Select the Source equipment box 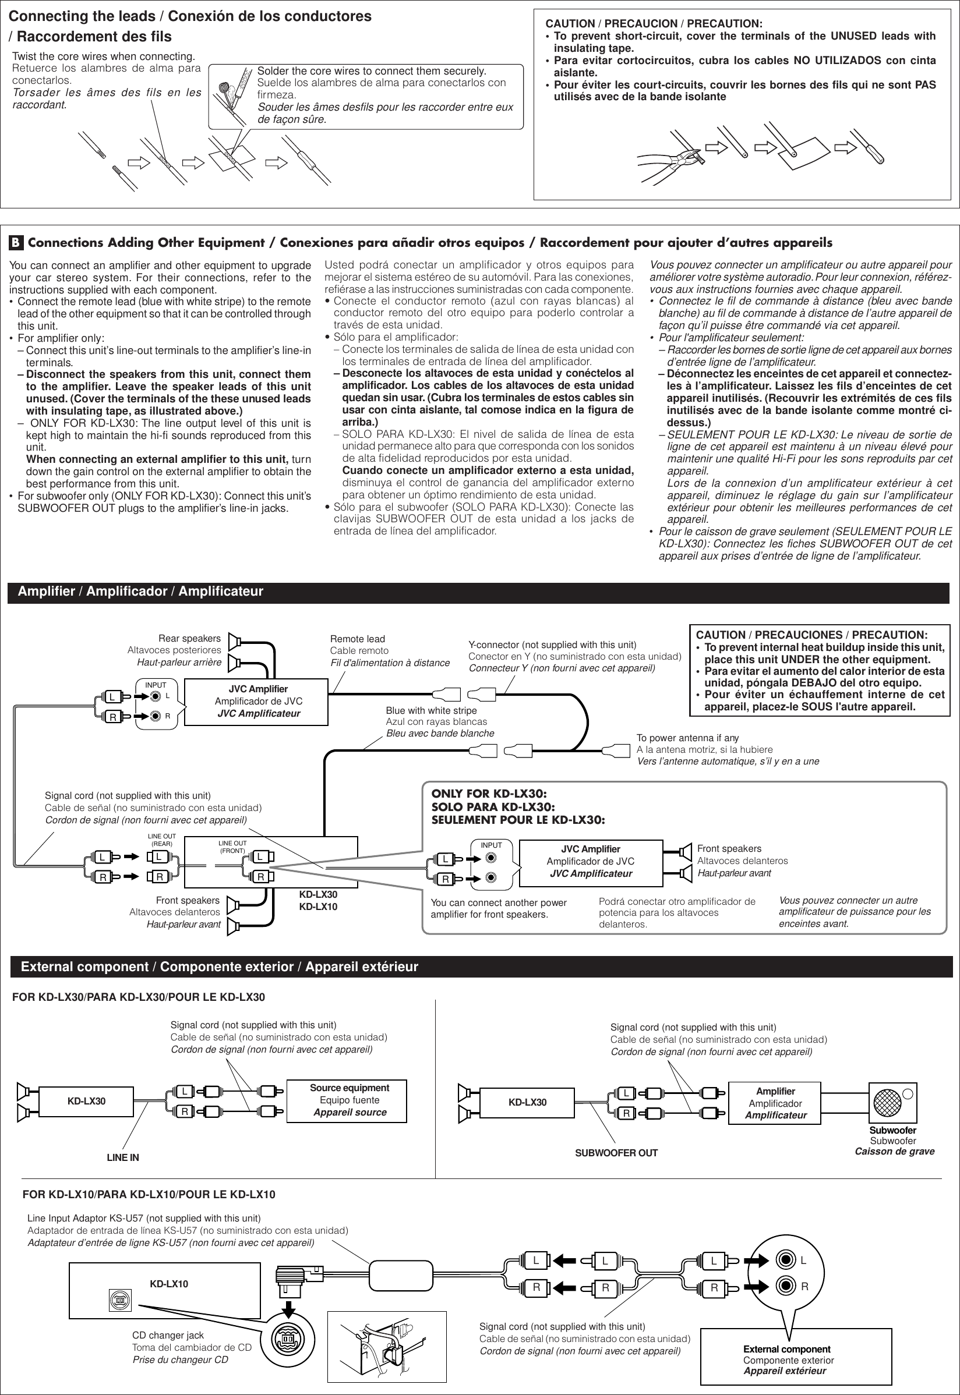(x=349, y=1100)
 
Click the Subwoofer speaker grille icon (x=884, y=1100)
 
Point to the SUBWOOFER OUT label (x=616, y=1153)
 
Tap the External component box (x=787, y=1360)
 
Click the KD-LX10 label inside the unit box (x=169, y=1284)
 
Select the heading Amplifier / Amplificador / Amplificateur (x=140, y=592)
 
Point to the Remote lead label (x=357, y=639)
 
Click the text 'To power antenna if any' (x=687, y=738)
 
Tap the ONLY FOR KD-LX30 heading (x=489, y=794)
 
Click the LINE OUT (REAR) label (x=162, y=840)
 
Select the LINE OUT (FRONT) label (x=232, y=847)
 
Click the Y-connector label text (x=552, y=645)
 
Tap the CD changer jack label (x=168, y=1335)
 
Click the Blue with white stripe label (x=431, y=710)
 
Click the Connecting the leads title (x=189, y=16)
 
